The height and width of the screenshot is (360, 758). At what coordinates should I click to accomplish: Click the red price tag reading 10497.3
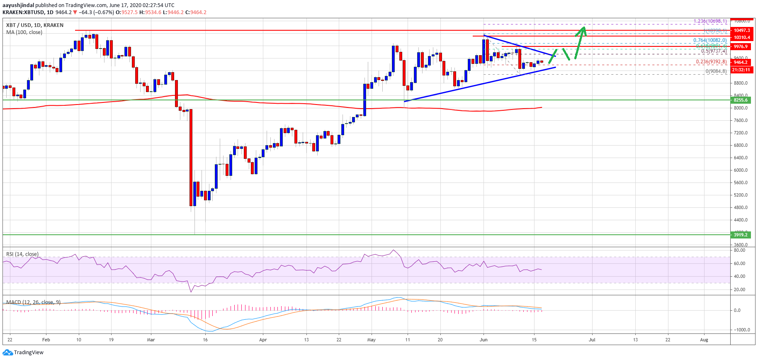741,30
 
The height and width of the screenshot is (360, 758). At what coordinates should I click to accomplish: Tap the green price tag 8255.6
741,100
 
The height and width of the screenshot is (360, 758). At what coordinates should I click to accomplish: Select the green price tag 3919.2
741,235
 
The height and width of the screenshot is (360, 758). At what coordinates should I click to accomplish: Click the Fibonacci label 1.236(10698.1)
710,21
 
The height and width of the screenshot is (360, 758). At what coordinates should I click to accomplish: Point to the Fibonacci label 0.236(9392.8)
711,62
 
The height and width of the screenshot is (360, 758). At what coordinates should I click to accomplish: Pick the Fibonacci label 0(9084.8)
716,71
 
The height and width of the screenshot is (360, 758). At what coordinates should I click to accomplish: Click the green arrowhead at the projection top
583,29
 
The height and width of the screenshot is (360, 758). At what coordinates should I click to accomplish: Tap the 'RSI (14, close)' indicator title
22,254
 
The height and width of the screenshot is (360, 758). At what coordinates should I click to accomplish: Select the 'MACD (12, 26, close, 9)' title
33,302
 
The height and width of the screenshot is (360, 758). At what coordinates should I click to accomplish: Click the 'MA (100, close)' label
24,32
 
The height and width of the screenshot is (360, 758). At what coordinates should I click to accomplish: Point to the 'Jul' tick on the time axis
592,340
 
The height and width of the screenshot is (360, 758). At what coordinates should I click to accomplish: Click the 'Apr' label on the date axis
263,340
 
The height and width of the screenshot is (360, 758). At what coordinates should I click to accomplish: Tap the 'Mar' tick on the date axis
151,340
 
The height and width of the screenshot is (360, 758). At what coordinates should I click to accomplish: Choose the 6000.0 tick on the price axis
741,170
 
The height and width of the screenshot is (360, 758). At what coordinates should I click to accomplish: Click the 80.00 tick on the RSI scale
739,251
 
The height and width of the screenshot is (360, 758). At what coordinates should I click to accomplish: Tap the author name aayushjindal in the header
18,5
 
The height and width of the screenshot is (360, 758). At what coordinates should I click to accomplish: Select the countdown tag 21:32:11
741,70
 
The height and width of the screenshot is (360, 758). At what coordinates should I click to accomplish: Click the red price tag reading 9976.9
741,47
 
